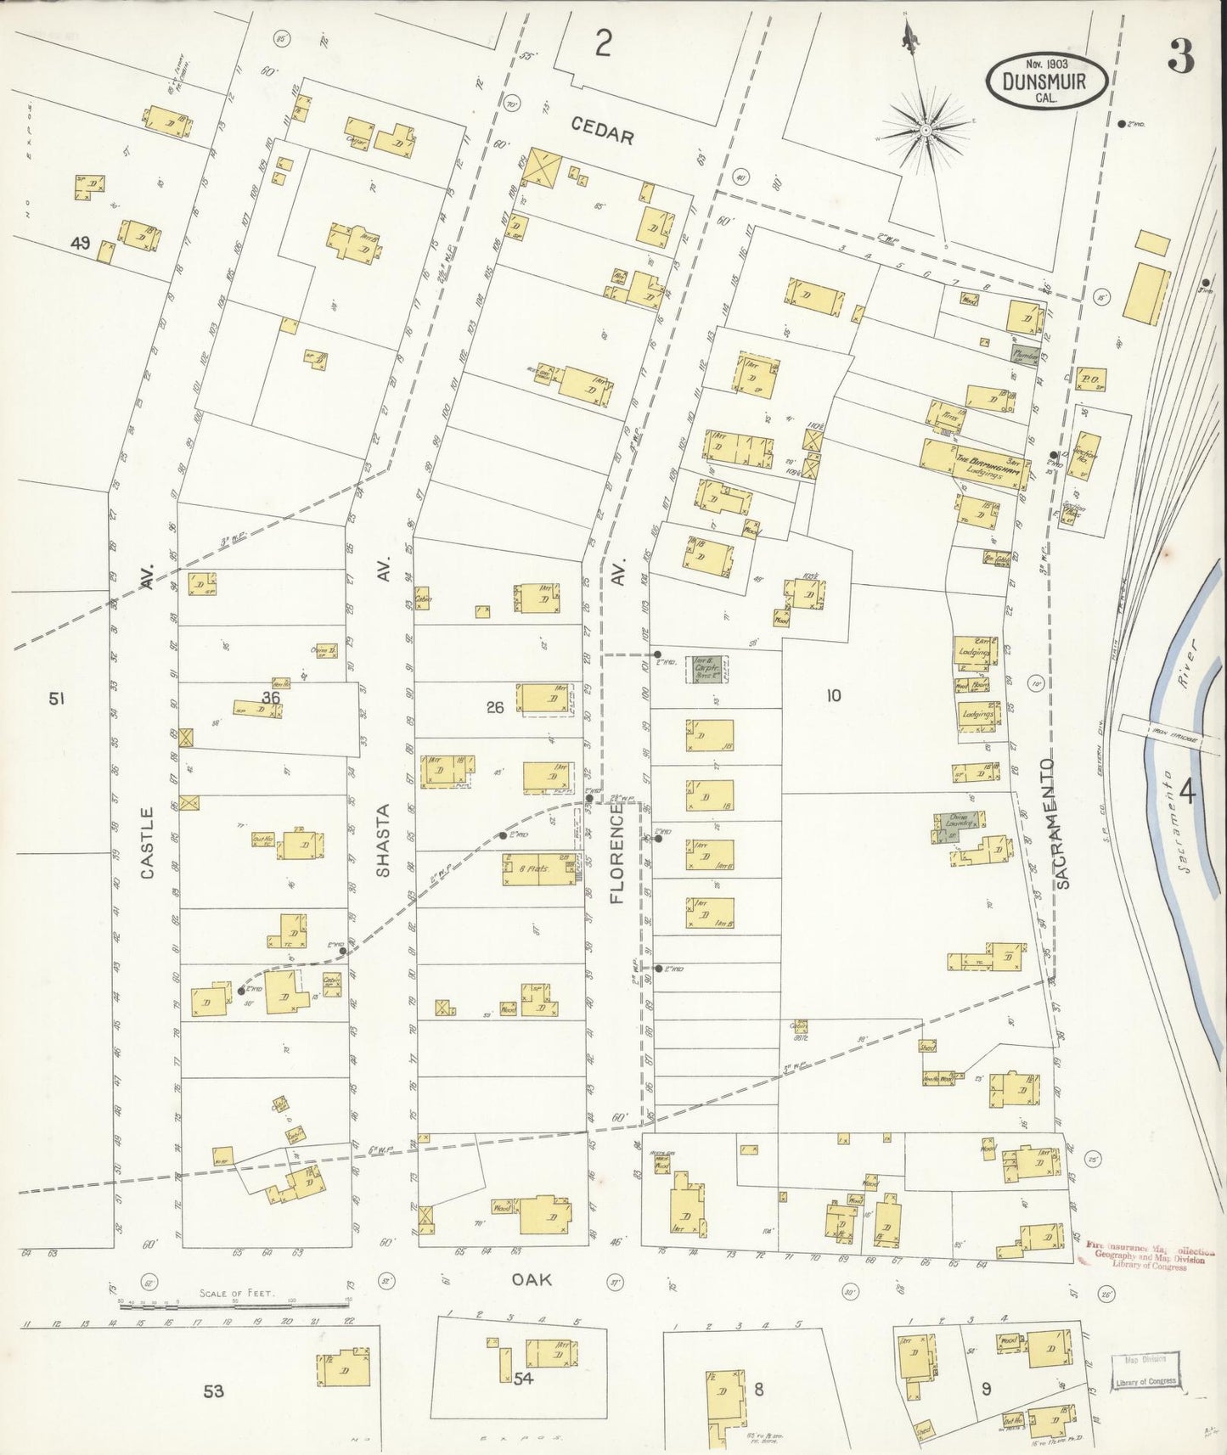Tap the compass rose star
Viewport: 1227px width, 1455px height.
(926, 130)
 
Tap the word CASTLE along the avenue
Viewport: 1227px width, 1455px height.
(148, 842)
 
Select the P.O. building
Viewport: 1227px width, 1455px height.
(1089, 378)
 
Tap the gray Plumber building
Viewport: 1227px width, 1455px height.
(1025, 357)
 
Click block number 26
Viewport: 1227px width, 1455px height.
(495, 706)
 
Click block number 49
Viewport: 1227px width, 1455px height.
(81, 244)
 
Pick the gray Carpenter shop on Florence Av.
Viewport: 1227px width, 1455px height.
(706, 668)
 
